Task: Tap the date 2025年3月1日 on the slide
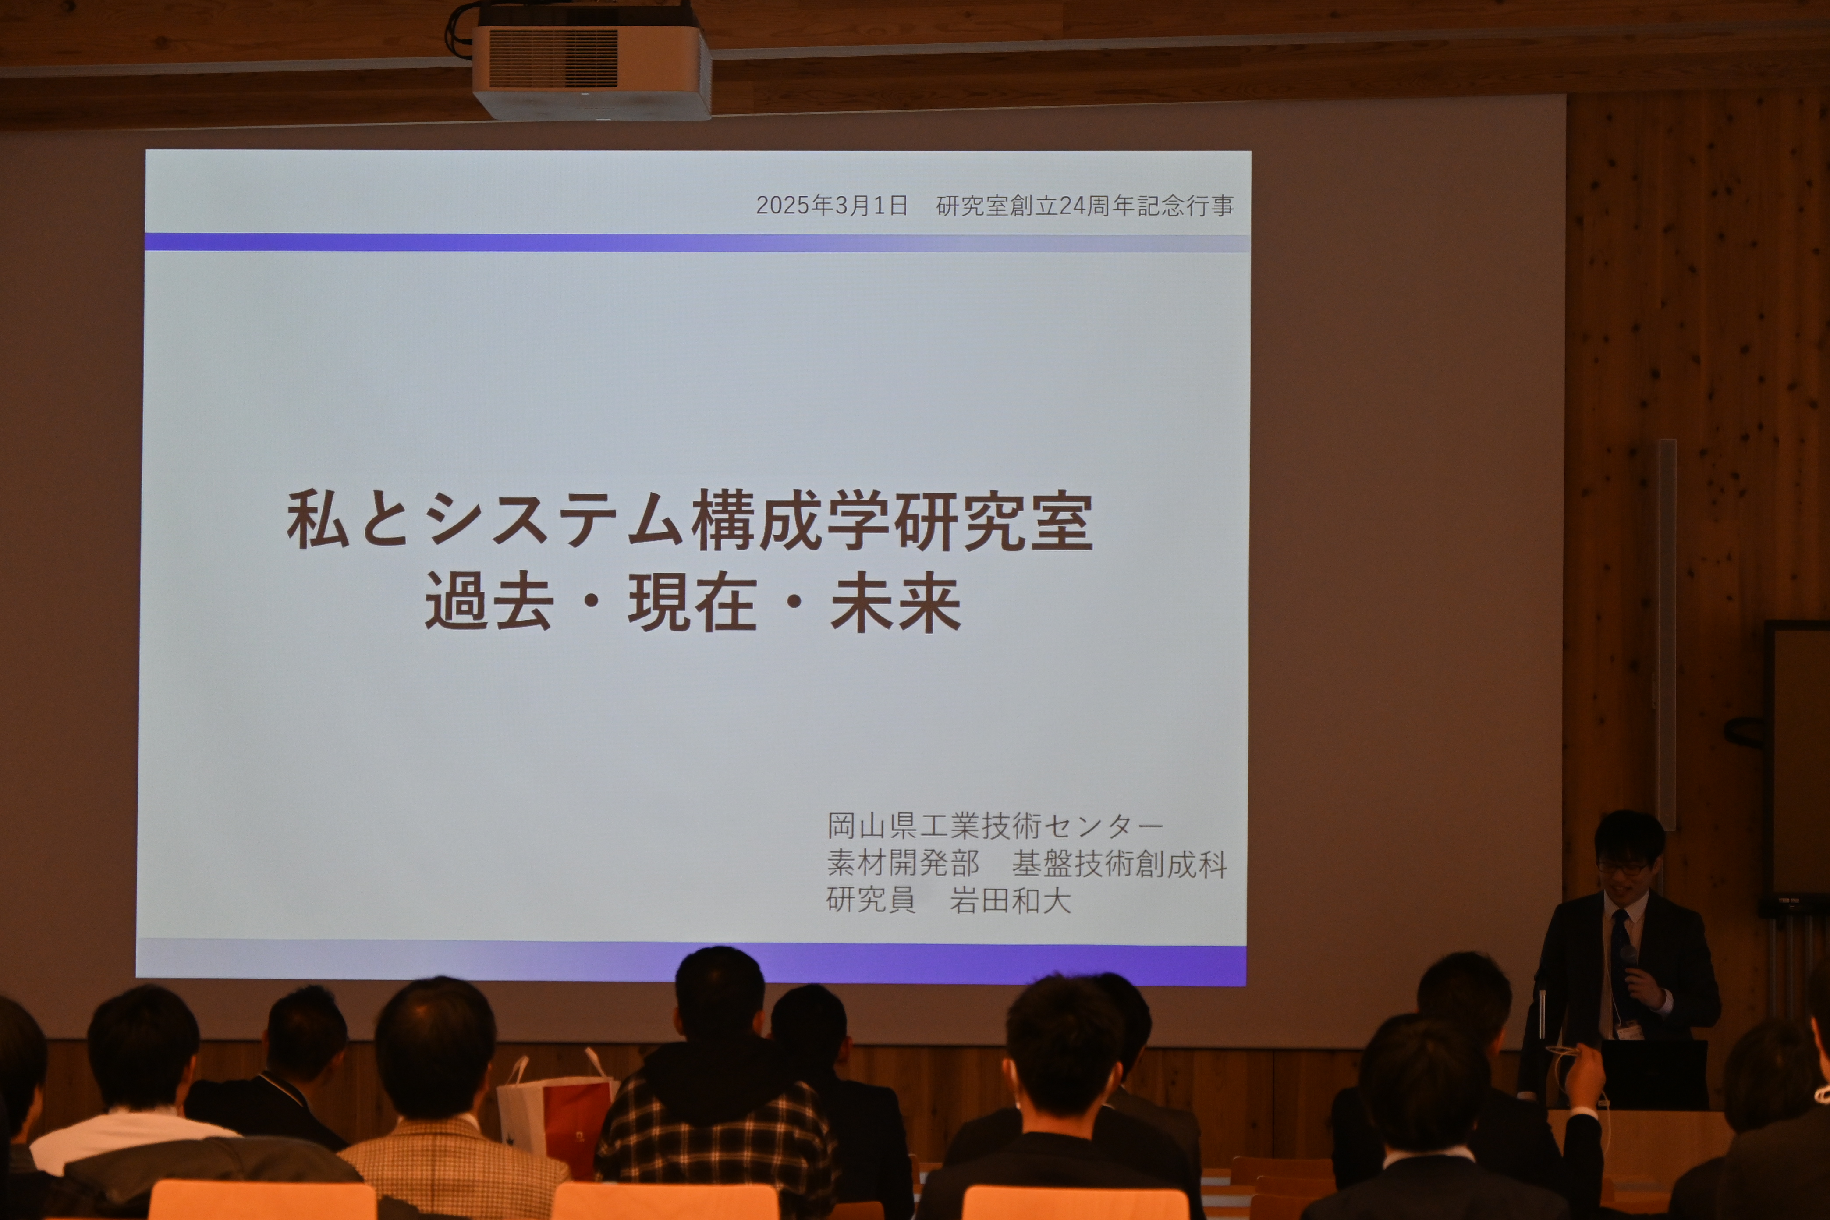pyautogui.click(x=832, y=206)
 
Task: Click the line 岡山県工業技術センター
pyautogui.click(x=995, y=826)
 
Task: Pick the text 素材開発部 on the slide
pyautogui.click(x=903, y=863)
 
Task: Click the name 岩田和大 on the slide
pyautogui.click(x=1010, y=900)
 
